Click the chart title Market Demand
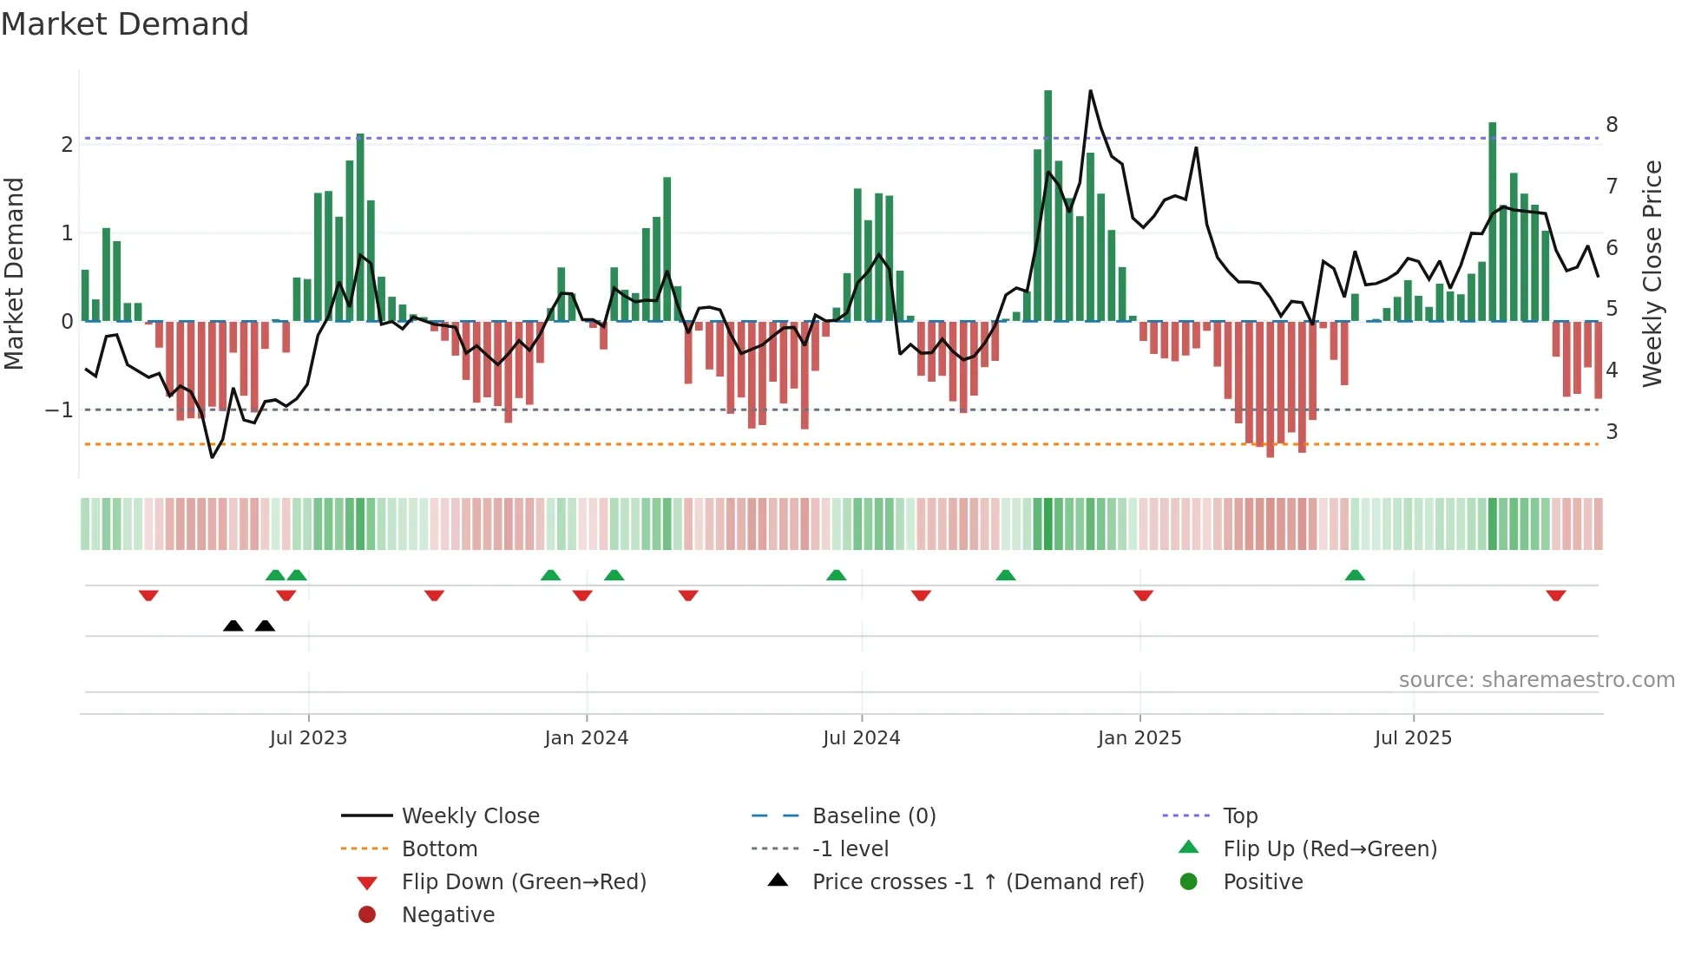pyautogui.click(x=125, y=24)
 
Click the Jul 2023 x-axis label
pyautogui.click(x=308, y=738)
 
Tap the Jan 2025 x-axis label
pyautogui.click(x=1139, y=738)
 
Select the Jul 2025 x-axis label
pyautogui.click(x=1413, y=738)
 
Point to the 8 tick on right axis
pyautogui.click(x=1612, y=125)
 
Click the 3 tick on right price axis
pyautogui.click(x=1612, y=432)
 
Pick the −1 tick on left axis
pyautogui.click(x=60, y=409)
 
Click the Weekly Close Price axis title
pyautogui.click(x=1652, y=273)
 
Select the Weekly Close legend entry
pyautogui.click(x=470, y=816)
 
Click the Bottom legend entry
pyautogui.click(x=439, y=849)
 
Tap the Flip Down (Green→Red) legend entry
pyautogui.click(x=523, y=882)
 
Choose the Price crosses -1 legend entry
pyautogui.click(x=978, y=882)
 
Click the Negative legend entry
pyautogui.click(x=448, y=915)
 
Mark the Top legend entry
pyautogui.click(x=1240, y=816)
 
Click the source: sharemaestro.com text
pyautogui.click(x=1536, y=680)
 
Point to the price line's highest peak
pyautogui.click(x=1090, y=91)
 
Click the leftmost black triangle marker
pyautogui.click(x=233, y=626)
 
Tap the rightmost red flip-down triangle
pyautogui.click(x=1555, y=595)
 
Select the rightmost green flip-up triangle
pyautogui.click(x=1355, y=575)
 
